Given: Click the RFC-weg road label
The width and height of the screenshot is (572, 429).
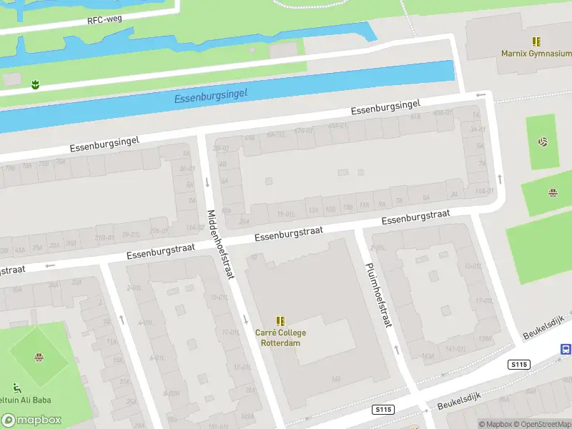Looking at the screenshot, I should click(105, 19).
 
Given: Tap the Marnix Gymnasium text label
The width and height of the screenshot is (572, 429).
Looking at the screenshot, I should click(536, 54).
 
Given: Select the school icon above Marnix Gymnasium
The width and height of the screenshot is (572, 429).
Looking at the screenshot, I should click(536, 42).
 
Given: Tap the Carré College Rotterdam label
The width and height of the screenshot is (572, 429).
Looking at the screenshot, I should click(280, 337).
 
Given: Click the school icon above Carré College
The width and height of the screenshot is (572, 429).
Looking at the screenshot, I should click(280, 321).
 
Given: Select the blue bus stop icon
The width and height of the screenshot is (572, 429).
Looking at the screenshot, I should click(566, 350).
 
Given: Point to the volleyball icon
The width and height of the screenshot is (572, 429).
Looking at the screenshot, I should click(543, 142).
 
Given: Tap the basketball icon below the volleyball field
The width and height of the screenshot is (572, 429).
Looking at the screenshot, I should click(553, 193).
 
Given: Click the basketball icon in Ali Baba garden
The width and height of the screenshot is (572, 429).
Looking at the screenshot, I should click(38, 357).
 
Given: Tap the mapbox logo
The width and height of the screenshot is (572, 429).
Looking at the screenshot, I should click(31, 420).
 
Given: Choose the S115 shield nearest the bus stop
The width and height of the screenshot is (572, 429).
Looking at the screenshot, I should click(520, 364).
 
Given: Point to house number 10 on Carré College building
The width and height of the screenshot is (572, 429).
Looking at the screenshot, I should click(254, 256).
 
